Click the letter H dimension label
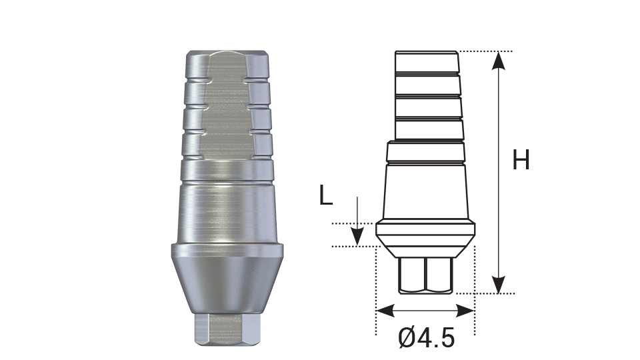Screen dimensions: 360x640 click(x=521, y=161)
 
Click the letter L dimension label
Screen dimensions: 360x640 click(x=325, y=196)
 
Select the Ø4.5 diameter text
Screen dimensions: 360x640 click(x=427, y=338)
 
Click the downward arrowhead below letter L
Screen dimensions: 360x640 click(x=357, y=236)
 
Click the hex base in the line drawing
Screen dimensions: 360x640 click(x=426, y=275)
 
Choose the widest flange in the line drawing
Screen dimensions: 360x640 click(x=426, y=231)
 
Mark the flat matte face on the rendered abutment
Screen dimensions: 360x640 click(x=227, y=113)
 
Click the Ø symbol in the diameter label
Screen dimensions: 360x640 click(x=407, y=338)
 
